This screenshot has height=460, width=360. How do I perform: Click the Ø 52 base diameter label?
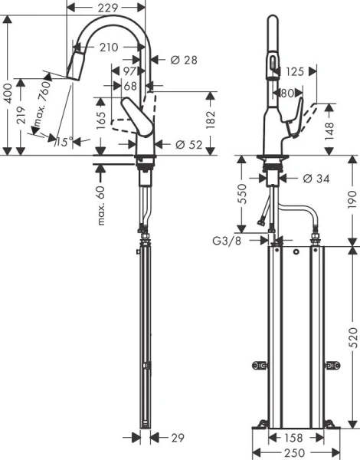coord(188,143)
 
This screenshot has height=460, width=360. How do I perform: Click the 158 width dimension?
coord(295,438)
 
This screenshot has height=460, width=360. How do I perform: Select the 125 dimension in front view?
coord(296,71)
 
